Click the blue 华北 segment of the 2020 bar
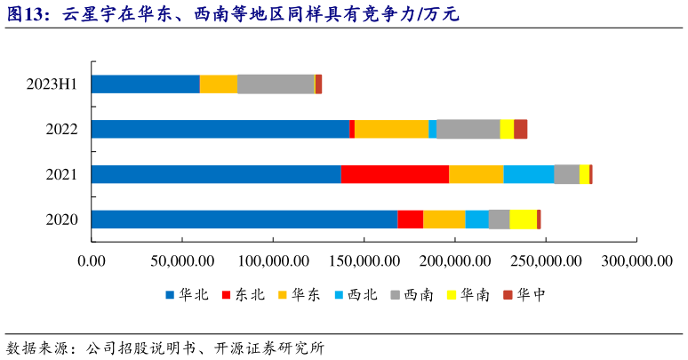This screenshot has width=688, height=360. (x=244, y=220)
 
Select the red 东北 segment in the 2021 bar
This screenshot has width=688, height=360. (x=395, y=174)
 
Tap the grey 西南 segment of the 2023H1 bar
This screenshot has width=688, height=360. (x=276, y=84)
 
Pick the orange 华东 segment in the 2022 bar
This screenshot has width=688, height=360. (x=391, y=129)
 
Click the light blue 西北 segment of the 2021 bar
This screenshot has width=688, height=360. (x=529, y=174)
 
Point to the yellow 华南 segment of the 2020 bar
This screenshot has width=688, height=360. (x=523, y=220)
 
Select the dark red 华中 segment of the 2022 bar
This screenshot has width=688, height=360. (x=520, y=129)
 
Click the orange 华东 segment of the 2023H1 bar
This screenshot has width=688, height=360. (x=219, y=84)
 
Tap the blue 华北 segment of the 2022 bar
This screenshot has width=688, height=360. (x=220, y=129)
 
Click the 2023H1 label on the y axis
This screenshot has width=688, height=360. (x=52, y=84)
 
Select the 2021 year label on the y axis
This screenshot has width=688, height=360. (x=62, y=174)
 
